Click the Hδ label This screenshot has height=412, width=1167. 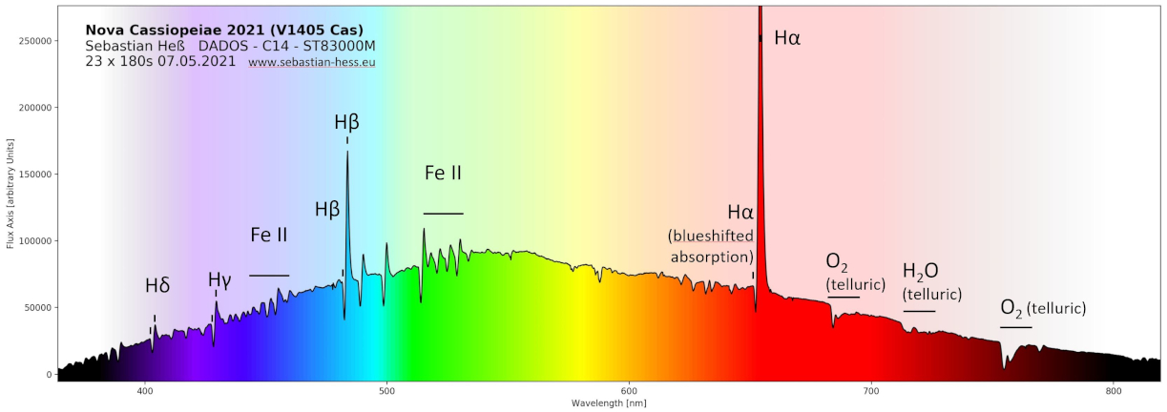point(157,285)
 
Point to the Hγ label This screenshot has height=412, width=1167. point(219,279)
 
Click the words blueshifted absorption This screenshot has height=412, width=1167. point(712,246)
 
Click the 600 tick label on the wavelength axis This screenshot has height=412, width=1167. point(629,390)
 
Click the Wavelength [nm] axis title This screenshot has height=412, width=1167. point(609,403)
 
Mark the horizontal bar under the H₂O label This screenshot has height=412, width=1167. point(919,311)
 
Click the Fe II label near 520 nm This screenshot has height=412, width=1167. point(444,174)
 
